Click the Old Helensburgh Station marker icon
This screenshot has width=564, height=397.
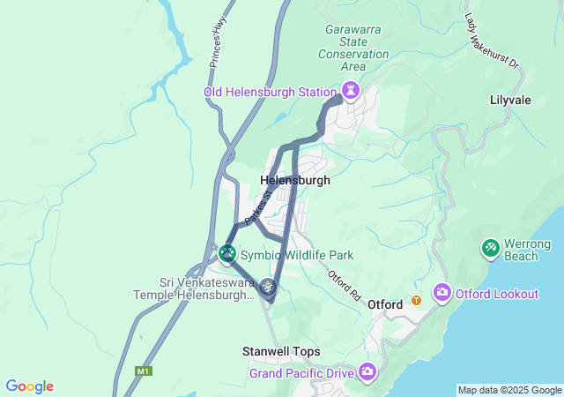[x=351, y=91]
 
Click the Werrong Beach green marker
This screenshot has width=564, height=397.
[x=490, y=249]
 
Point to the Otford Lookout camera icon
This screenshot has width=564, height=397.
[x=441, y=293]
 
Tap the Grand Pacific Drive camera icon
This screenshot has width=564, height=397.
[x=367, y=372]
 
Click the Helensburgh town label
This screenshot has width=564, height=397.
[x=295, y=180]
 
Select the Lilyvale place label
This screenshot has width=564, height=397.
[x=510, y=100]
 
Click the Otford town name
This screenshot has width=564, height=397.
[x=385, y=304]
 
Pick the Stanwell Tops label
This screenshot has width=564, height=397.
[x=282, y=351]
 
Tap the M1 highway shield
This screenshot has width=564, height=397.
[x=143, y=371]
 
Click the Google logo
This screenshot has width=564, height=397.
[x=29, y=386]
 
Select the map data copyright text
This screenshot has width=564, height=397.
[x=509, y=390]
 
